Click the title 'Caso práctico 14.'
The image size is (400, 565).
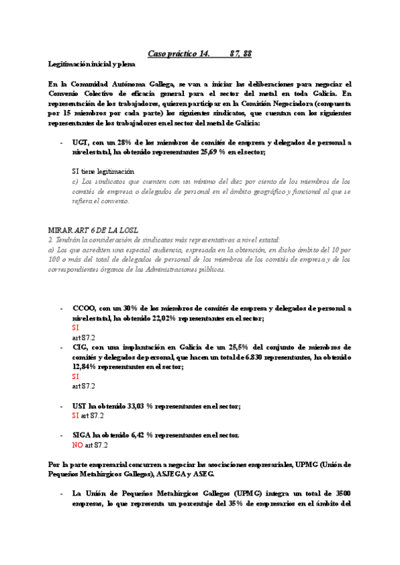[177, 53]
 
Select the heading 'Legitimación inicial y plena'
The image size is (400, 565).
[91, 65]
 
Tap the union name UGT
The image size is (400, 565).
[81, 143]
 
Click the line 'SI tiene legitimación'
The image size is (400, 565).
[103, 171]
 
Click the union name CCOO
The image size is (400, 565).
[85, 308]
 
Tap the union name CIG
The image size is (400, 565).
[81, 347]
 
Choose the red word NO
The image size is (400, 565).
[77, 444]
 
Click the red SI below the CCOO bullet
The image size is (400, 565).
[75, 328]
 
